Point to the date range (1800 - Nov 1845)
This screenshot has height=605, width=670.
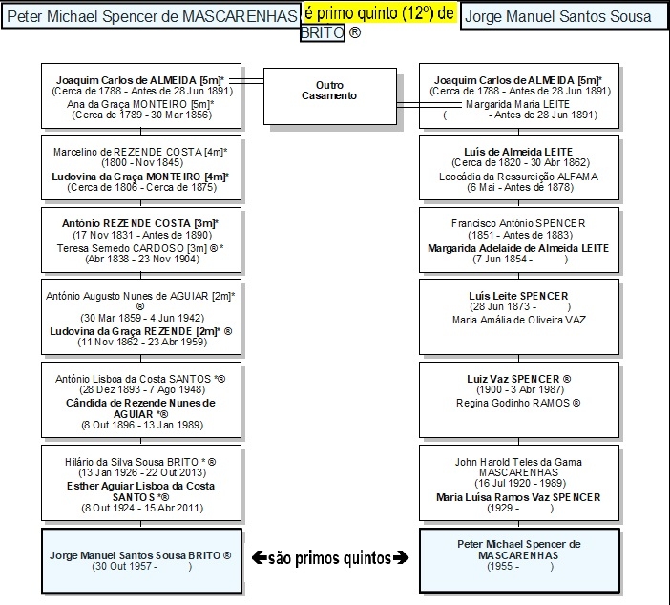pyautogui.click(x=141, y=163)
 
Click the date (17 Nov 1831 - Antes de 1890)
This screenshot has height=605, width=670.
pyautogui.click(x=141, y=235)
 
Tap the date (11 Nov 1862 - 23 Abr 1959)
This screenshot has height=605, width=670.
pyautogui.click(x=141, y=342)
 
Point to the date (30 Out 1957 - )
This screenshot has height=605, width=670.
pyautogui.click(x=141, y=567)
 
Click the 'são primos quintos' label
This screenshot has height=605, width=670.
pyautogui.click(x=330, y=555)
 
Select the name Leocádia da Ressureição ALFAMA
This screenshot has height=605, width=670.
pyautogui.click(x=519, y=176)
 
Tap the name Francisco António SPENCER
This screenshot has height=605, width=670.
pyautogui.click(x=519, y=223)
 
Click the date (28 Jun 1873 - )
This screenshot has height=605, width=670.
pyautogui.click(x=519, y=307)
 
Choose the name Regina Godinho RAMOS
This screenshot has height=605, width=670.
pyautogui.click(x=519, y=404)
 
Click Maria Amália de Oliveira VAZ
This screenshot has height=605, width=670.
pyautogui.click(x=519, y=320)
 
